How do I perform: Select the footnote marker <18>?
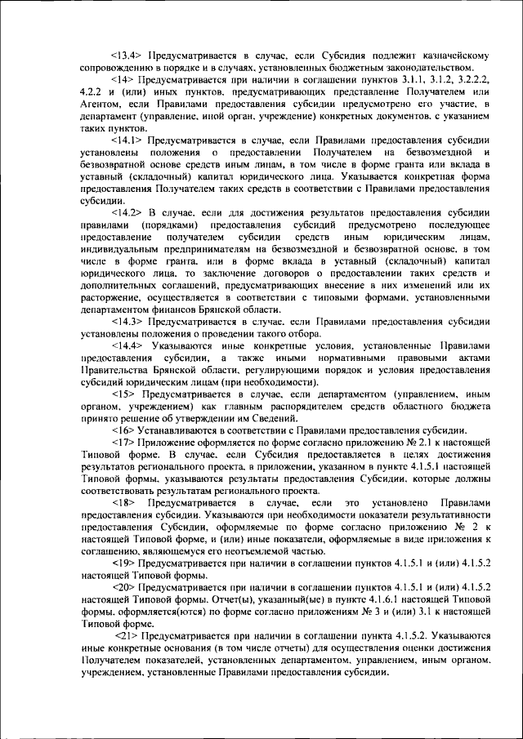coord(123,503)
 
